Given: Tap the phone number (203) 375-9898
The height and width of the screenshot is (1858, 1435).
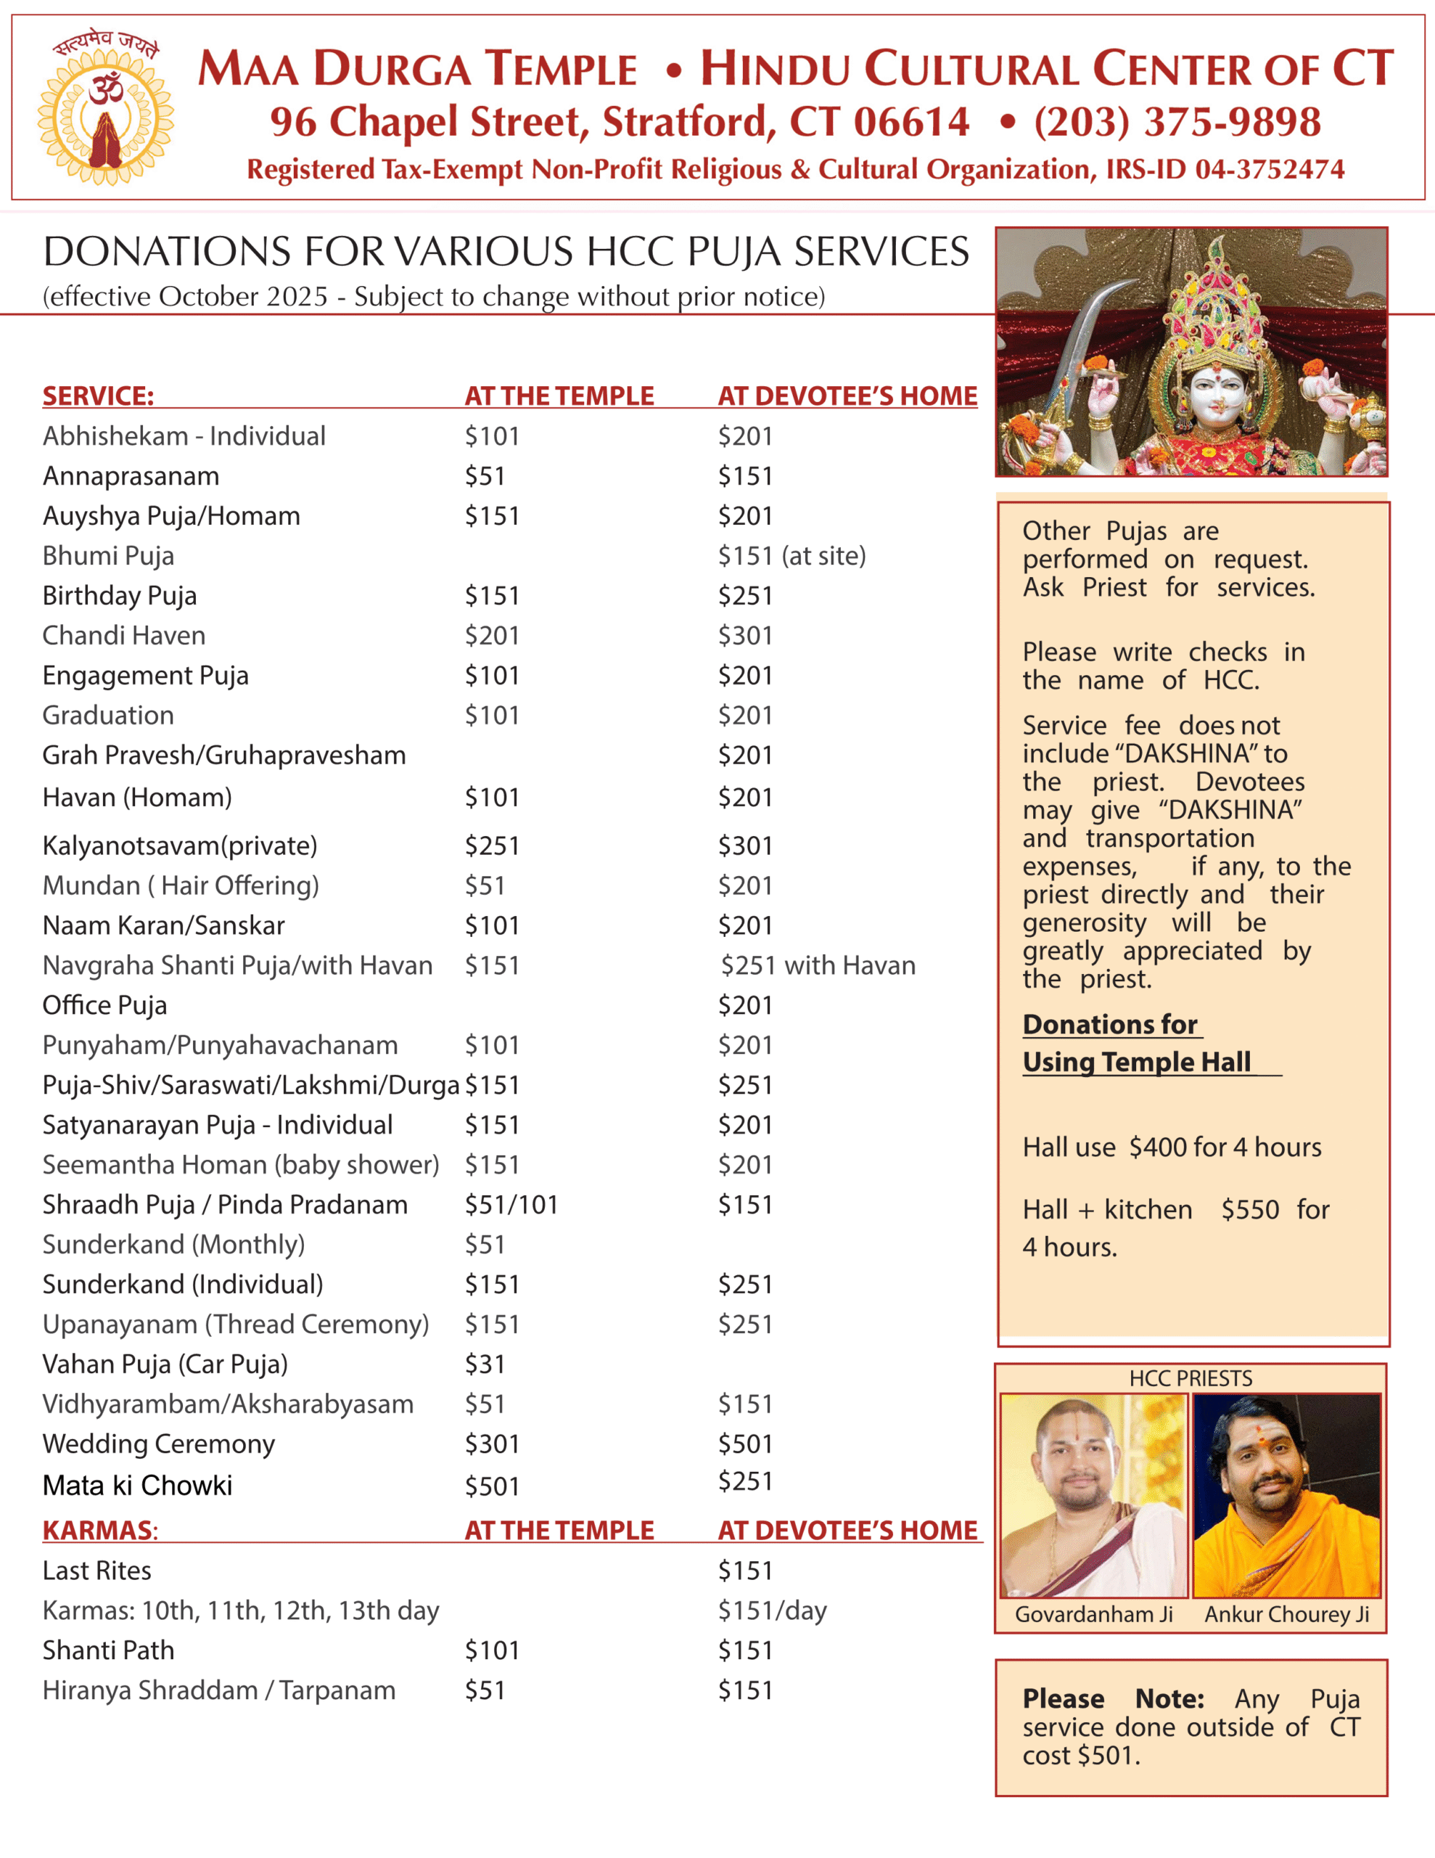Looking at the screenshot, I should pos(1177,122).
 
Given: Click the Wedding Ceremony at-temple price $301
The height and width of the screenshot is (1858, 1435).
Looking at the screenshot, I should pos(492,1444).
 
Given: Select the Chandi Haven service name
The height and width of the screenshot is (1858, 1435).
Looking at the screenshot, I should pos(124,636).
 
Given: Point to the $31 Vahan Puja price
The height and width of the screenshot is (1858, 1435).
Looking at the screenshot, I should pos(485,1364).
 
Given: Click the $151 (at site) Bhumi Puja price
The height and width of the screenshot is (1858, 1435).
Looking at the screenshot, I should pos(791,555).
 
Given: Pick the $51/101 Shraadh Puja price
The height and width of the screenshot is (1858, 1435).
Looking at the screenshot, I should pos(510,1205).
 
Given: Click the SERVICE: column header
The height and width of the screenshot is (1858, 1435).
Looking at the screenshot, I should pos(98,396).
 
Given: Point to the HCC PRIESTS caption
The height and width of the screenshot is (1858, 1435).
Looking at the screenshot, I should pos(1190,1378).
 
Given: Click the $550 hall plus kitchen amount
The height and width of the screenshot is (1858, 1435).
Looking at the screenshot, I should pos(1249,1210).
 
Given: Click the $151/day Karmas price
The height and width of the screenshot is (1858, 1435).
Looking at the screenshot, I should pos(771,1611).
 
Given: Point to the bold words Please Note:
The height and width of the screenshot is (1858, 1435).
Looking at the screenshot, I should pos(1113,1699).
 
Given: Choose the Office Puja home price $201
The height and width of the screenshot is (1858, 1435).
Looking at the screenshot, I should pos(745,1005).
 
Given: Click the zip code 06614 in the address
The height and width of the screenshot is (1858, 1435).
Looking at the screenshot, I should pos(911,122).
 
